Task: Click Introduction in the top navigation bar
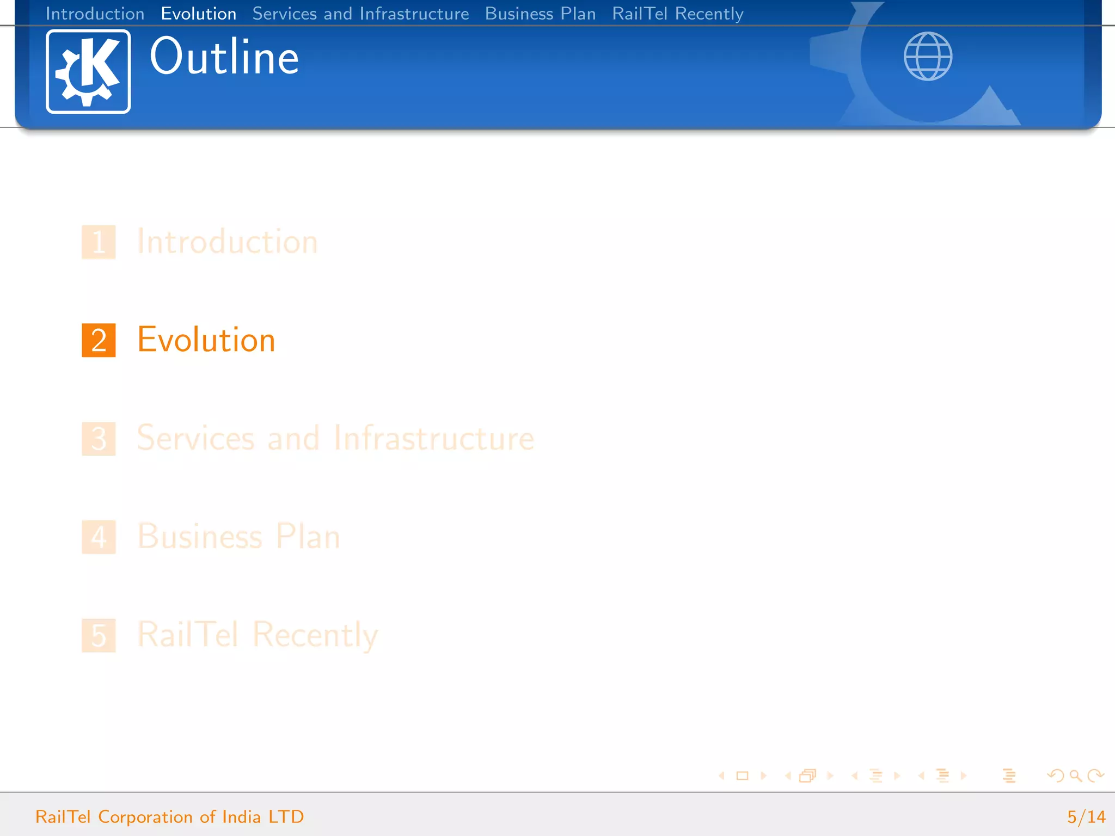[95, 14]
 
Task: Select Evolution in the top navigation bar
[199, 14]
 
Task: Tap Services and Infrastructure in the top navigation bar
[360, 14]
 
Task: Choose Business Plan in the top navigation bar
[540, 14]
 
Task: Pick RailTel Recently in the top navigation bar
[677, 14]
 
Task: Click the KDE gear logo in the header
[88, 71]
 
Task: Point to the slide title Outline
[224, 57]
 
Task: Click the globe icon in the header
[928, 56]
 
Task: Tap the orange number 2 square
[99, 340]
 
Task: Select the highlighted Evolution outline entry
[206, 340]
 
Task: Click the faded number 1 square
[99, 242]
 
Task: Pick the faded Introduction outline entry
[227, 242]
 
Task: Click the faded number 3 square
[99, 439]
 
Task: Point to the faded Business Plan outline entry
[238, 537]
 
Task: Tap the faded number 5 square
[99, 635]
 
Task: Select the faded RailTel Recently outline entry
[258, 635]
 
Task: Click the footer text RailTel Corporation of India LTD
[169, 816]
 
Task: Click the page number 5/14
[1086, 816]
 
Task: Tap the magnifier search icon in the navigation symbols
[1075, 776]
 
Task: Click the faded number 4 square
[99, 537]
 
